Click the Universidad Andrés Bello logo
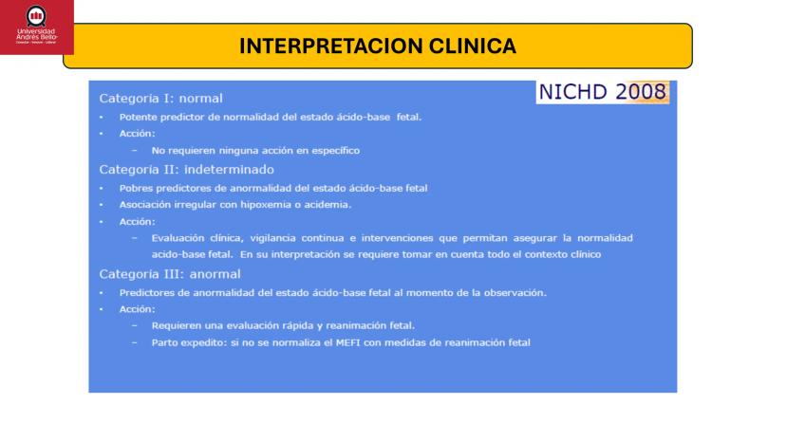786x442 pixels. [37, 28]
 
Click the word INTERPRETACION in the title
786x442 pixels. [331, 46]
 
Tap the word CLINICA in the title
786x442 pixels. [473, 46]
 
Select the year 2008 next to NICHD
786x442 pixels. [641, 92]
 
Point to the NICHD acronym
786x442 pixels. [573, 92]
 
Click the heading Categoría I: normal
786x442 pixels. [161, 99]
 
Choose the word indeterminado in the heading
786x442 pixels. [229, 170]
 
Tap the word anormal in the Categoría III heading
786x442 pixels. [215, 274]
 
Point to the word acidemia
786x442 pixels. [327, 205]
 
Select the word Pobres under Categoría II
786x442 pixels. [136, 189]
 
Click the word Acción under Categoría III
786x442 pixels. [138, 309]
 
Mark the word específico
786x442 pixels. [335, 151]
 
